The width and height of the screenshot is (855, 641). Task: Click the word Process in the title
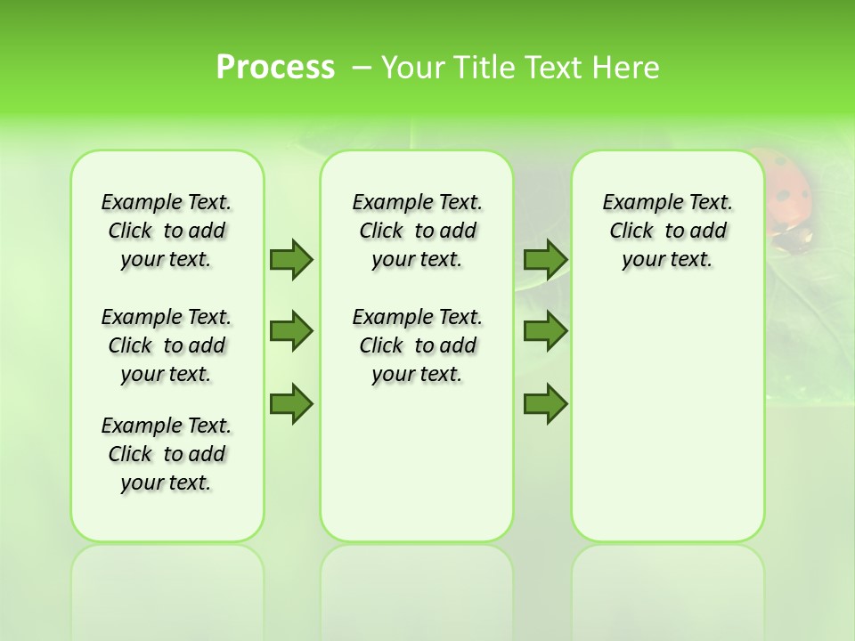point(275,67)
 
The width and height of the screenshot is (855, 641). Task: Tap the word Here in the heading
point(627,67)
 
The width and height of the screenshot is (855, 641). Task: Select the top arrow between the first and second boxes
point(291,259)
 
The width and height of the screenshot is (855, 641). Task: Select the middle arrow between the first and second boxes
point(291,331)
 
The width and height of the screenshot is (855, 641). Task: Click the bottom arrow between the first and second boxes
point(291,403)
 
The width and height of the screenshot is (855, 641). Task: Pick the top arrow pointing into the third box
point(545,259)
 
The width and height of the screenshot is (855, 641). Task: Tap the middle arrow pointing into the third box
point(545,331)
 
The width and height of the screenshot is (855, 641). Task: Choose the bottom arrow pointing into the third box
point(545,403)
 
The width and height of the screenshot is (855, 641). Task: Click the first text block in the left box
point(167,231)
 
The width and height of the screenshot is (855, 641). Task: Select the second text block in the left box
point(167,345)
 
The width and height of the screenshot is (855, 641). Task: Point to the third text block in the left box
point(167,454)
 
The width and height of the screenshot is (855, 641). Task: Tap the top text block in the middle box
point(417,231)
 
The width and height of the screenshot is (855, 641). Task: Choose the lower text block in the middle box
point(417,345)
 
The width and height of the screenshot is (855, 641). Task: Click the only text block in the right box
point(667,231)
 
